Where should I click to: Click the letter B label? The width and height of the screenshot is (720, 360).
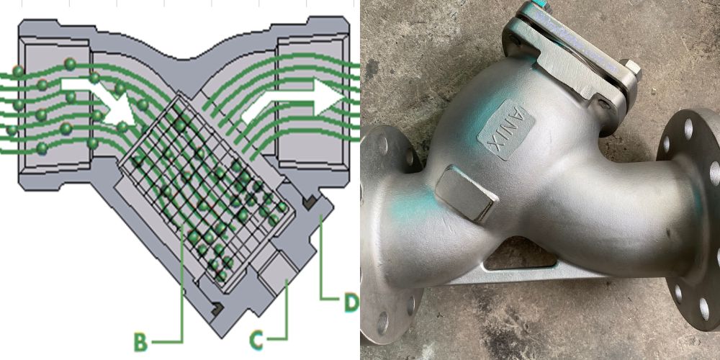point(141,341)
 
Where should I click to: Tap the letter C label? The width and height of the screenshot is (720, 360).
point(257,341)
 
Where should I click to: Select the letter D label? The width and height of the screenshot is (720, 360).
point(351,302)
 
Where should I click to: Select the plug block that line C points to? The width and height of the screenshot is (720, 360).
point(277,273)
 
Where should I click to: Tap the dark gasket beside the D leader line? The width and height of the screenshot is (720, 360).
point(309,202)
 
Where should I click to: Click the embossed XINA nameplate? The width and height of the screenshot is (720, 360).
point(505,130)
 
